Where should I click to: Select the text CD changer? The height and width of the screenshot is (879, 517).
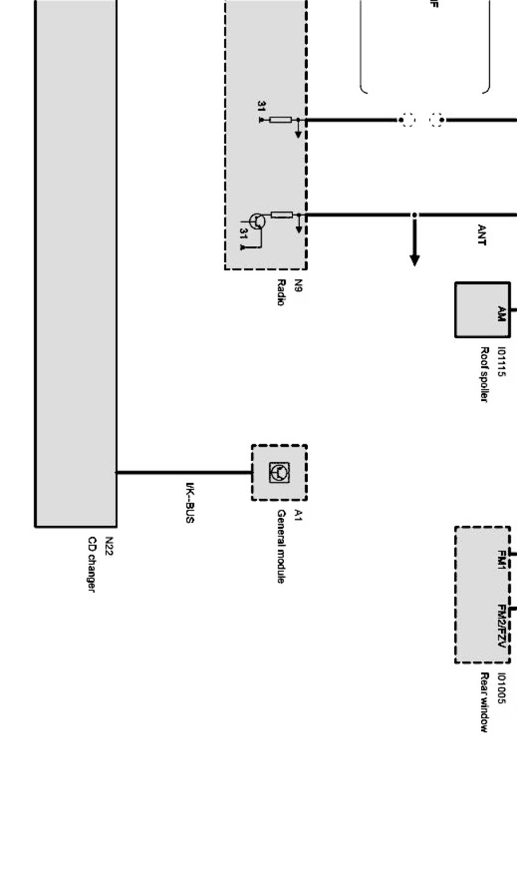(91, 564)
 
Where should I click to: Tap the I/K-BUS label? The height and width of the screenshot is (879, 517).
(190, 503)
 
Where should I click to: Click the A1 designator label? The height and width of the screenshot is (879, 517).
(297, 516)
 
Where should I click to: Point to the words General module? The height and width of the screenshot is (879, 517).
(280, 546)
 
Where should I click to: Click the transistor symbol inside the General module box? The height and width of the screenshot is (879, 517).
(279, 472)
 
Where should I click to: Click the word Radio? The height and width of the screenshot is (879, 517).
(280, 292)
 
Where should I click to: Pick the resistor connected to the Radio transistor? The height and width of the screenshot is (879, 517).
(282, 215)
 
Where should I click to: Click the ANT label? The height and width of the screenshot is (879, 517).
(482, 234)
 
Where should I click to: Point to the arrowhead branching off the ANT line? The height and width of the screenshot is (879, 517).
(415, 261)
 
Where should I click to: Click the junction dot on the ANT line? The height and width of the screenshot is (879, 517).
(415, 215)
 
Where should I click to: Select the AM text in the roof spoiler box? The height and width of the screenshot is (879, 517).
(501, 314)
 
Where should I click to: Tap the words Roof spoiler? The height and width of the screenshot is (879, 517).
(484, 374)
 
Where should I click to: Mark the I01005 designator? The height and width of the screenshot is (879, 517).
(502, 688)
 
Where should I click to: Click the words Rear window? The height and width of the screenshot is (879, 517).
(484, 702)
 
